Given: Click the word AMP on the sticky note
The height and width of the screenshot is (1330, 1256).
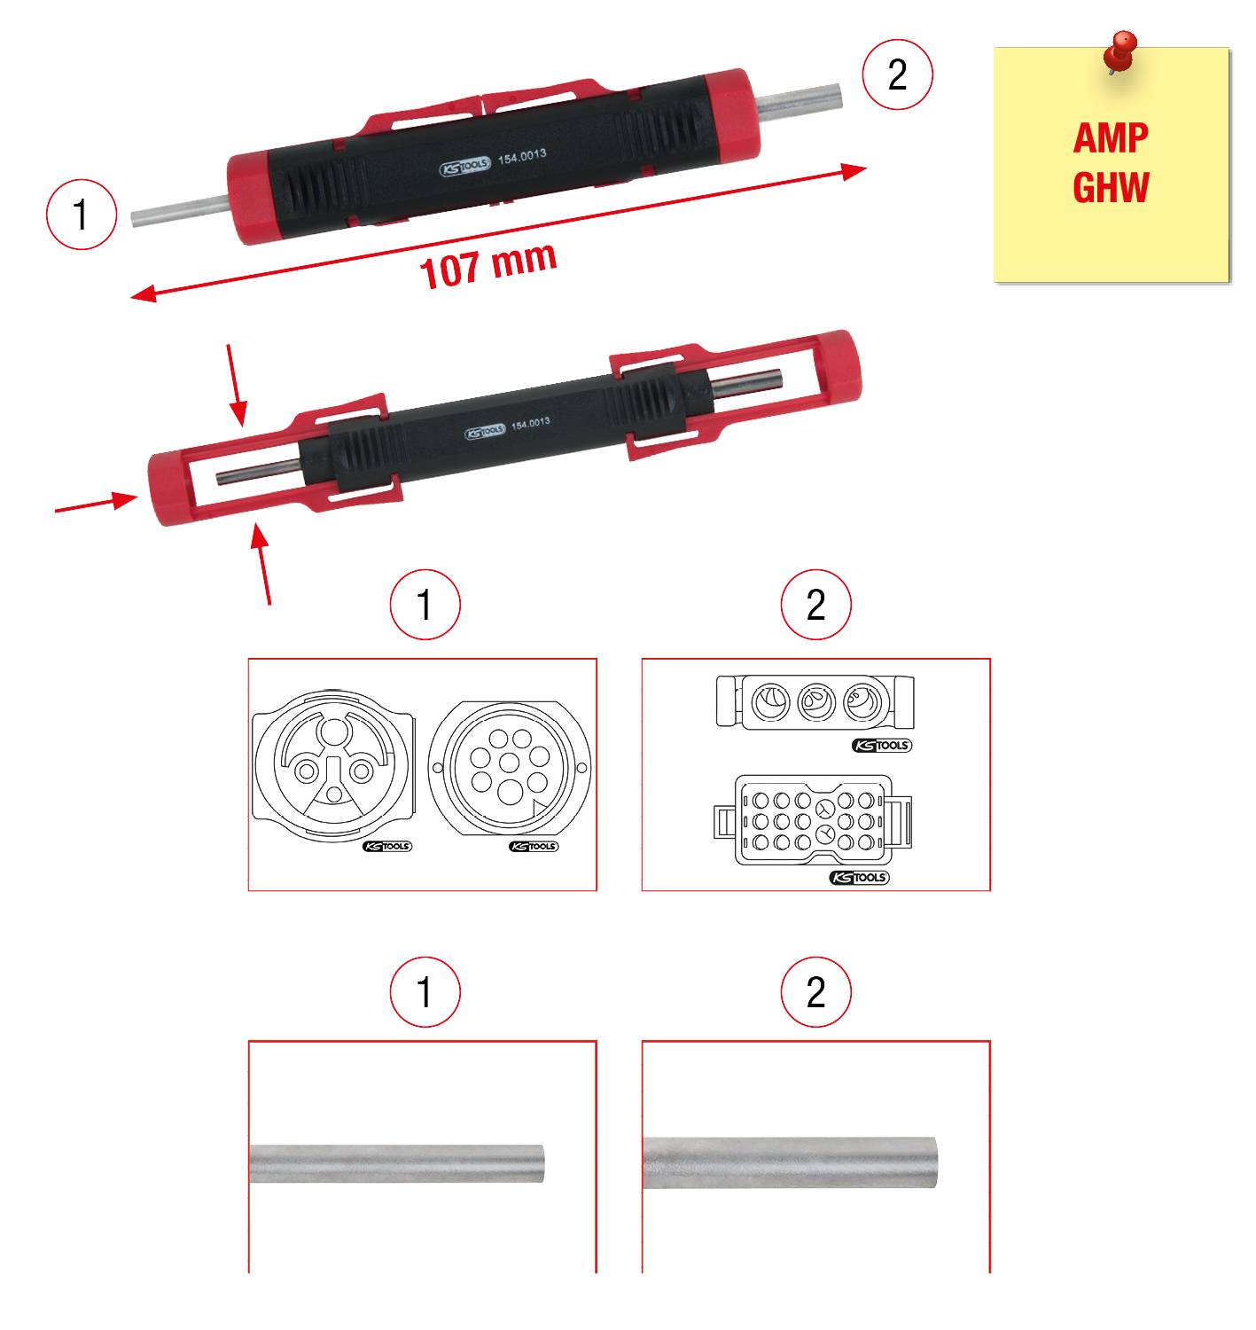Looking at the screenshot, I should point(1110,138).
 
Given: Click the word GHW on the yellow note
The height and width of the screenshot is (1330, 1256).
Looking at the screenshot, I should point(1110,187).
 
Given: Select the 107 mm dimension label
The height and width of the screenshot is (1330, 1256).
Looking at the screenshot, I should point(488,264).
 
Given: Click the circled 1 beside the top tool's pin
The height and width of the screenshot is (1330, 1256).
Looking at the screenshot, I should point(82,215).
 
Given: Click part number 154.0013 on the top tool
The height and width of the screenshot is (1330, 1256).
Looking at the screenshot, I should point(522,156).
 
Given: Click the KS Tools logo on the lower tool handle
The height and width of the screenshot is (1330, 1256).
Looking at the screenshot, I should point(484,432).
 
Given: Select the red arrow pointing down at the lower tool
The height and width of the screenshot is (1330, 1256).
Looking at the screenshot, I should point(235,383).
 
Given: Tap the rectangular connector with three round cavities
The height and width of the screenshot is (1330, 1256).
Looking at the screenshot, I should point(815,702).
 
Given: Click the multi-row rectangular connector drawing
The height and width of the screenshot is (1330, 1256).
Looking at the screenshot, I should point(815,820).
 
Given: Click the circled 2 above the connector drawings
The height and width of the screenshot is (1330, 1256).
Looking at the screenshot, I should point(815,606).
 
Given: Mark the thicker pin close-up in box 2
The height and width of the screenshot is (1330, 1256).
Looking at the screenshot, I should point(789,1162).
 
